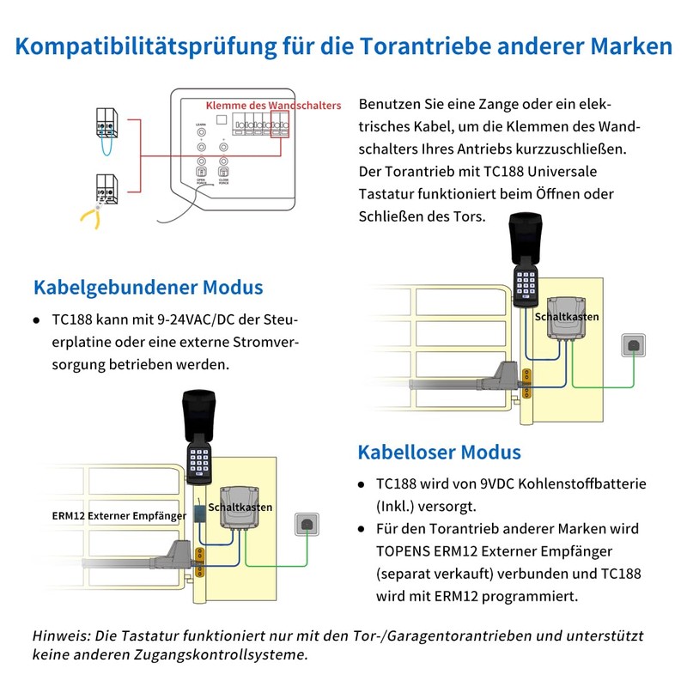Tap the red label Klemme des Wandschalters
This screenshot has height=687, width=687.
pyautogui.click(x=273, y=105)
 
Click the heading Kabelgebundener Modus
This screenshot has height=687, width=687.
pyautogui.click(x=148, y=288)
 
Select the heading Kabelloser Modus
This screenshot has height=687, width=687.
pyautogui.click(x=439, y=452)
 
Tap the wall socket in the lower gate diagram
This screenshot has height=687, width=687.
pyautogui.click(x=306, y=523)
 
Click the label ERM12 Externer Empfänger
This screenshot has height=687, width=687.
pyautogui.click(x=118, y=516)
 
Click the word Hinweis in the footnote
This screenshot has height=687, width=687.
pyautogui.click(x=61, y=636)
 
